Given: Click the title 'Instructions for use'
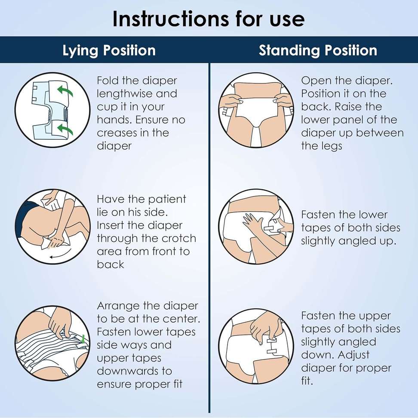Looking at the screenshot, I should point(209,18).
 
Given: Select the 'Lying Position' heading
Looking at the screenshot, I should point(109,50).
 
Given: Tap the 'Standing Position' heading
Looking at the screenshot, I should point(318,50).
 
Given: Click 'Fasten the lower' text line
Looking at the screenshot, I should point(344,215).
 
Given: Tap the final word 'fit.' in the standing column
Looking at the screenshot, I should point(307,381).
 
